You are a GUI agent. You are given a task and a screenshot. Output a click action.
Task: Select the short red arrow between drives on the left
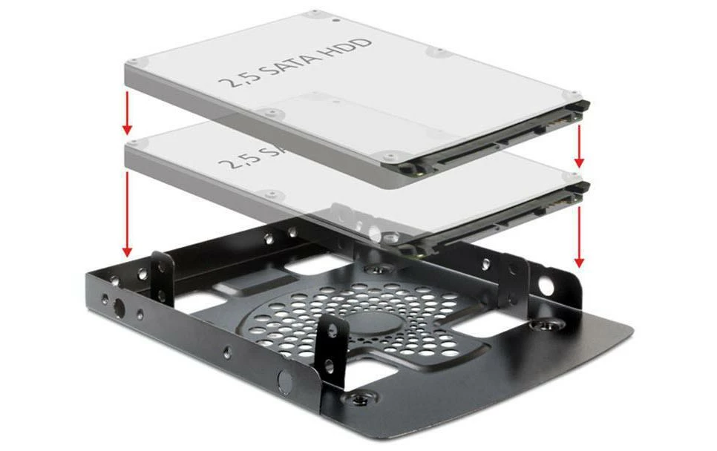coord(127,112)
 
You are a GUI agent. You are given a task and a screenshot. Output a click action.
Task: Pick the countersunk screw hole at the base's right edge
coord(547,324)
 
